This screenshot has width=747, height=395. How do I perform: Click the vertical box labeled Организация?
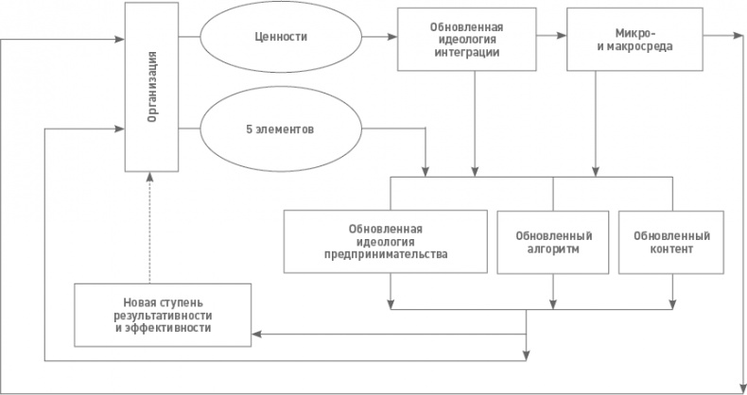151,87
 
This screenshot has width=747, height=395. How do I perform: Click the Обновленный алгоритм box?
553,242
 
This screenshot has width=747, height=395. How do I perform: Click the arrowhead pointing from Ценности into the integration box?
391,39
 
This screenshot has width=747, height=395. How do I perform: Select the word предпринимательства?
385,254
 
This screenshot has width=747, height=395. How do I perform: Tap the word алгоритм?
553,249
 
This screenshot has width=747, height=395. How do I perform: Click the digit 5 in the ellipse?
249,129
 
